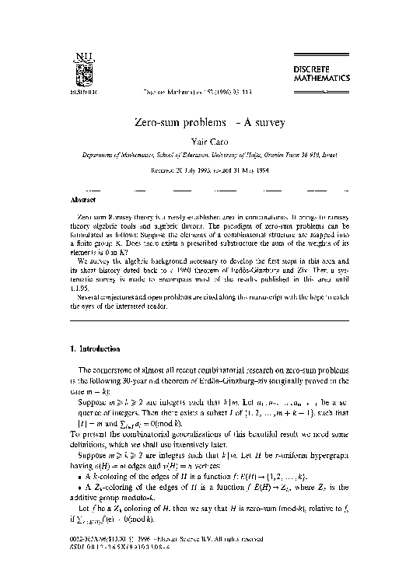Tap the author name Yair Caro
tap(209, 142)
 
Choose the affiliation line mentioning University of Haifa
tap(209, 155)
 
